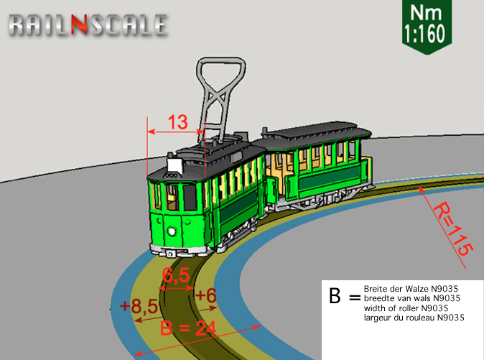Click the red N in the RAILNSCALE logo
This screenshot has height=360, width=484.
[x=80, y=24]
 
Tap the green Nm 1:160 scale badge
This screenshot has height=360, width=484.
[x=427, y=27]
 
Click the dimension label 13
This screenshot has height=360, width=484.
[x=178, y=122]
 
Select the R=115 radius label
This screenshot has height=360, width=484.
[x=453, y=229]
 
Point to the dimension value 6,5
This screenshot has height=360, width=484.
[x=176, y=275]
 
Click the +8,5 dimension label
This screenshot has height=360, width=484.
[x=139, y=305]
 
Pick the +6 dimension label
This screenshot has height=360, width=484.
[x=206, y=295]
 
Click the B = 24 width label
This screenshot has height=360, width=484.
[x=188, y=328]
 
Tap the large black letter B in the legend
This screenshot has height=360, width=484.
[x=335, y=296]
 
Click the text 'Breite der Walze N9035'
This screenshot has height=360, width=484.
[x=411, y=289]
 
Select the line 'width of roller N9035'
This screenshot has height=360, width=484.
[x=406, y=308]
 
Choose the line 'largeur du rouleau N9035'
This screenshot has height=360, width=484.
[x=414, y=318]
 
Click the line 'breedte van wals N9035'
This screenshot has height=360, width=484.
[x=411, y=298]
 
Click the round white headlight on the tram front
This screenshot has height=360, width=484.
[x=172, y=231]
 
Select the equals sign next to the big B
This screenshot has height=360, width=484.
[x=355, y=297]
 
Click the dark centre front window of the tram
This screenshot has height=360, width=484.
[x=190, y=198]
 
